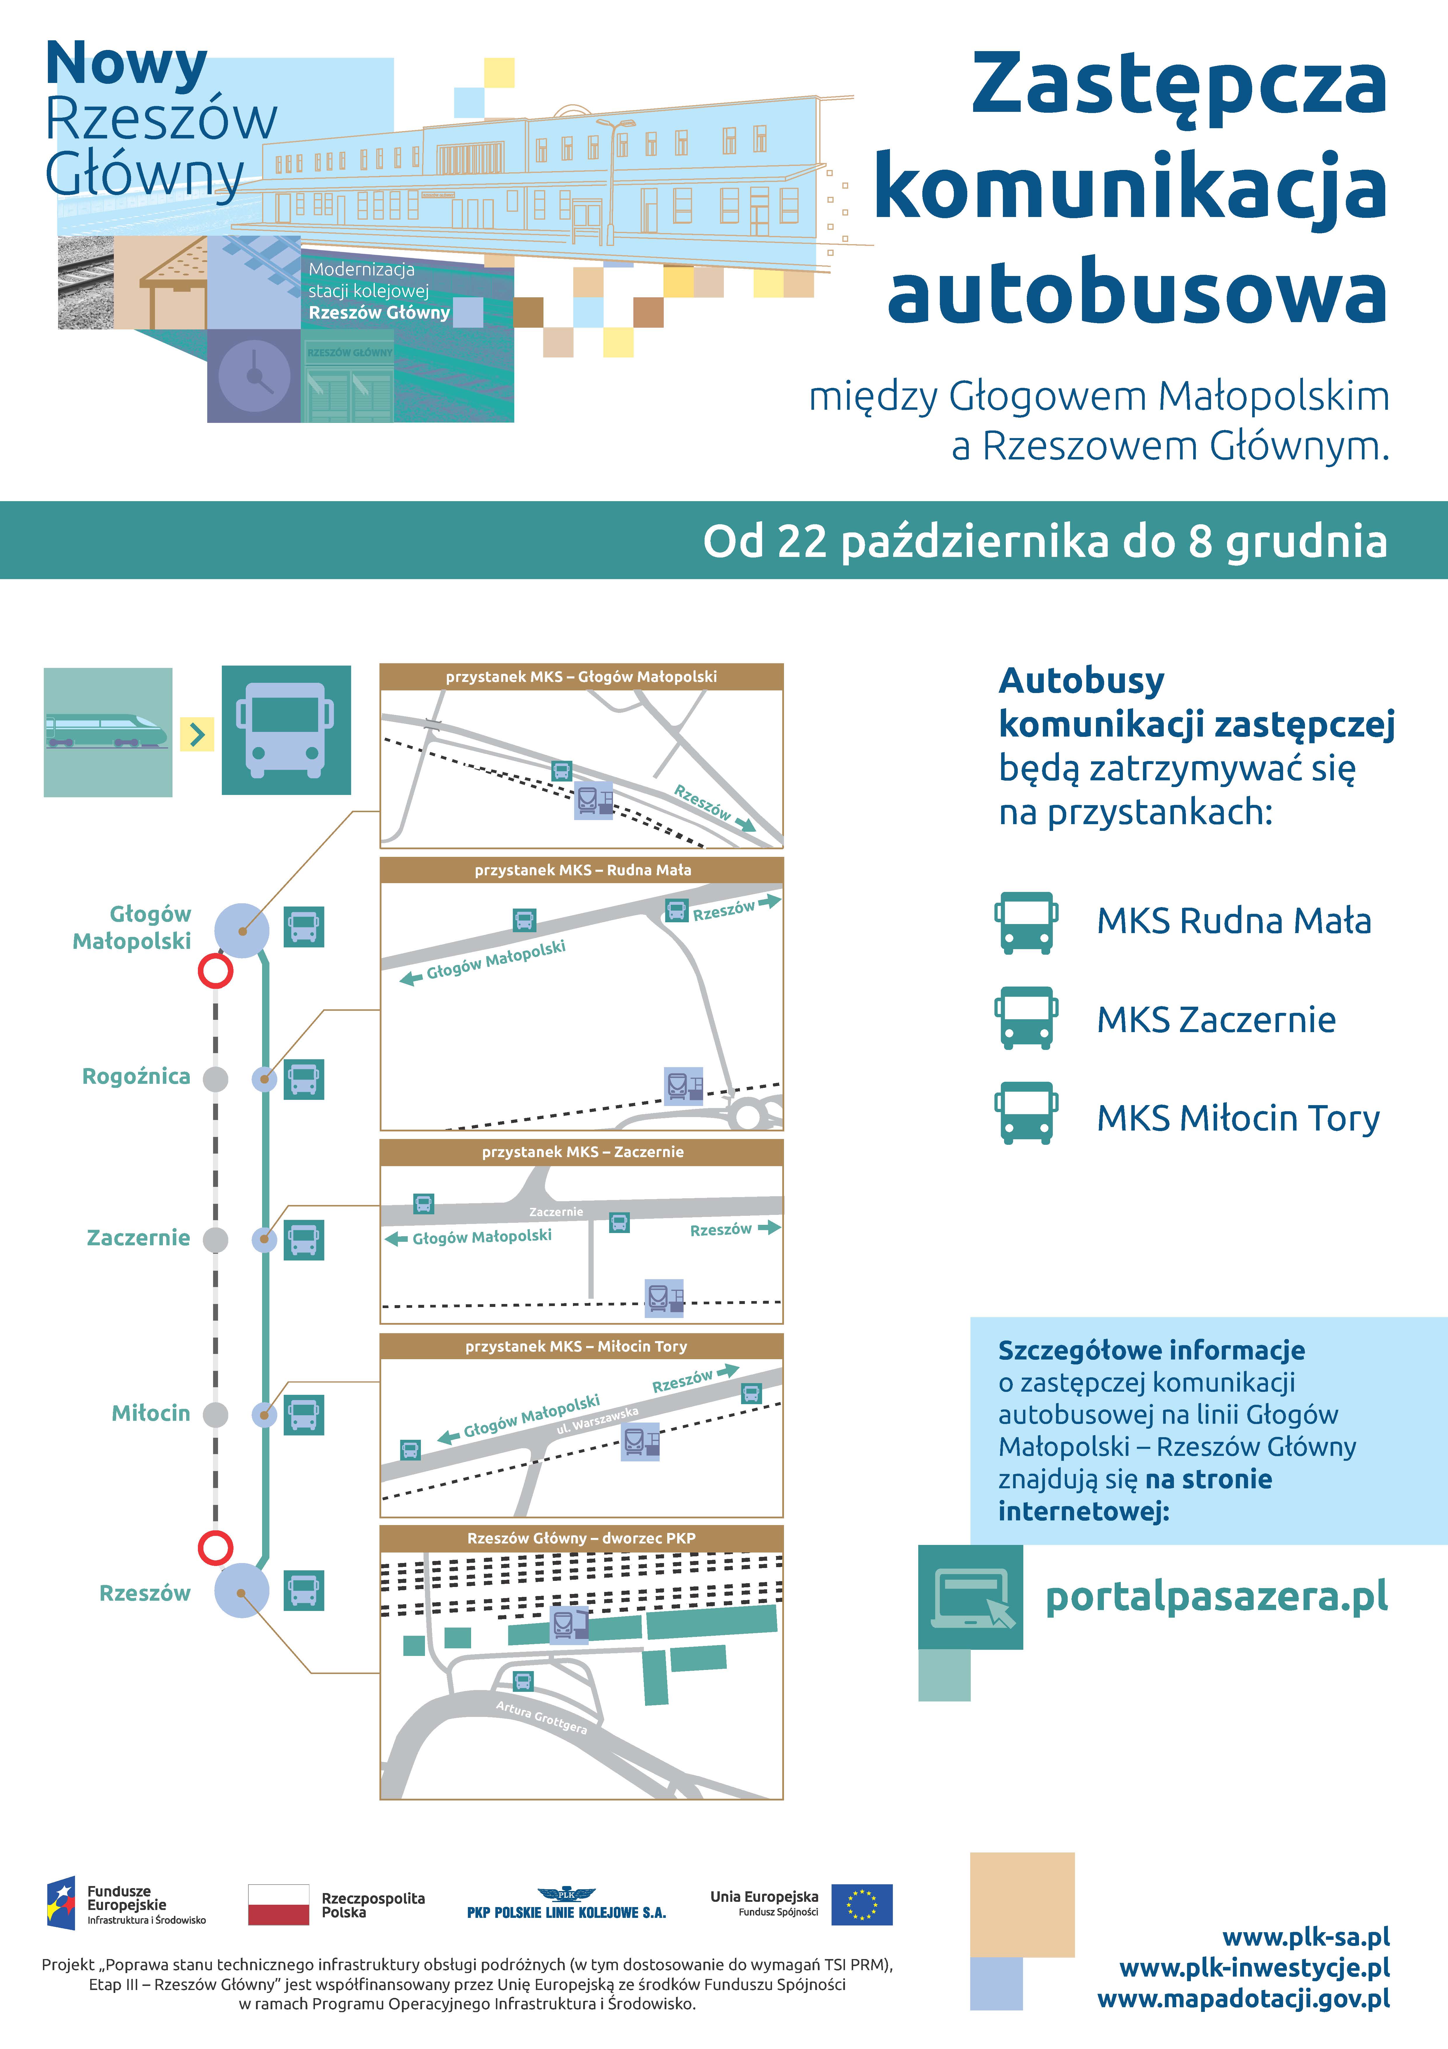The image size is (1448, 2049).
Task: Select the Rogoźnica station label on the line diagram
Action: coord(136,1076)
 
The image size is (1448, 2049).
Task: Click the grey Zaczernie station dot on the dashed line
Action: coord(215,1239)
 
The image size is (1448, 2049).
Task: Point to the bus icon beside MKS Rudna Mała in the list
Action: coord(1026,923)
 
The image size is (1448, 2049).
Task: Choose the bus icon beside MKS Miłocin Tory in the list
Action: coord(1026,1113)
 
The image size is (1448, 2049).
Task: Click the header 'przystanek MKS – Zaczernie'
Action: coord(582,1152)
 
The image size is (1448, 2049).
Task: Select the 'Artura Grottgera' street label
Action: coord(541,1718)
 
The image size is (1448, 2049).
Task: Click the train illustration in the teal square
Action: coord(107,732)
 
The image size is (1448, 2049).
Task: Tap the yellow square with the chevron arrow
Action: coord(197,734)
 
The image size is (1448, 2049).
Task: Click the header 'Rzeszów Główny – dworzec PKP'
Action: coord(582,1538)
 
